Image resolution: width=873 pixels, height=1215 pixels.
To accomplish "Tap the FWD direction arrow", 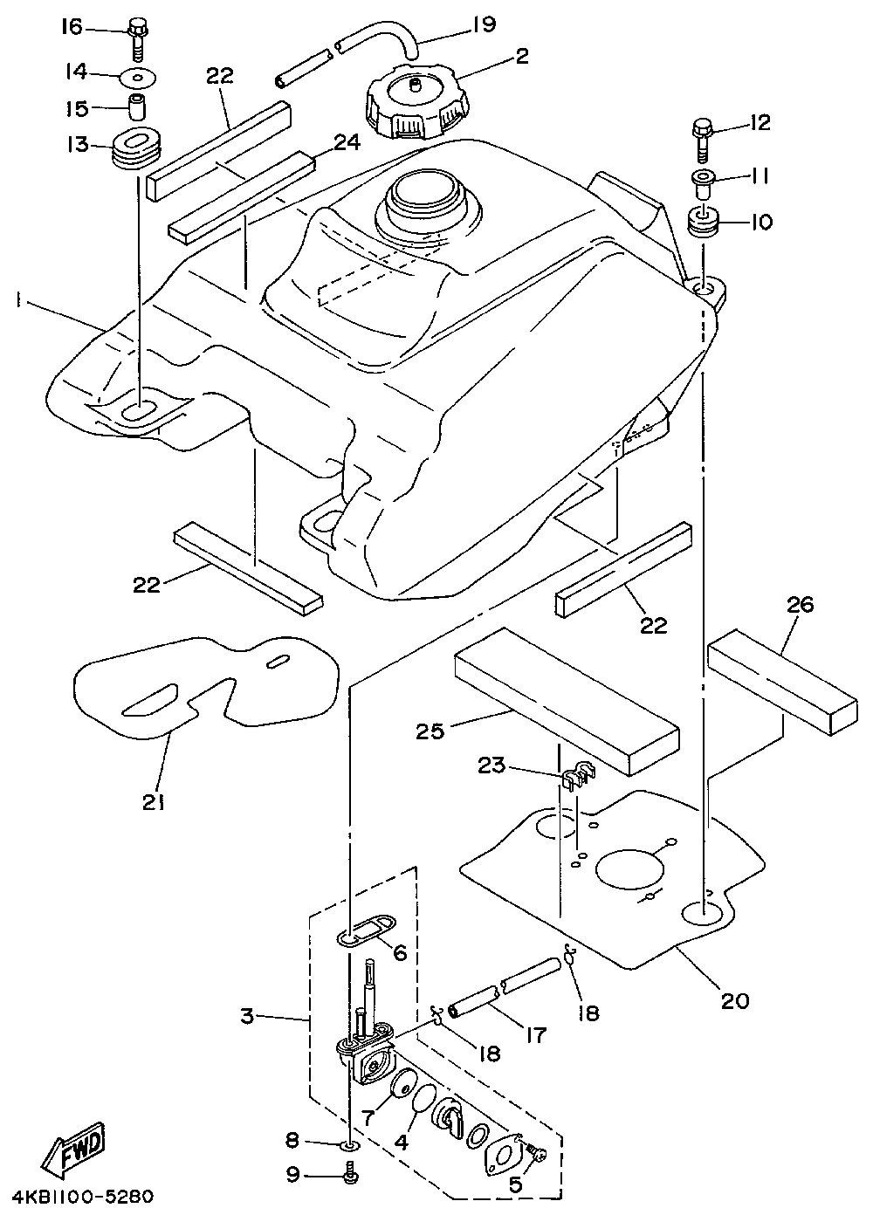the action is click(x=72, y=1144).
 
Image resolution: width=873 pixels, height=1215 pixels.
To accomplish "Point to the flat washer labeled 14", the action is click(x=138, y=77).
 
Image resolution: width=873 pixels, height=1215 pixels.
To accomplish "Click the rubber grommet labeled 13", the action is click(x=137, y=147).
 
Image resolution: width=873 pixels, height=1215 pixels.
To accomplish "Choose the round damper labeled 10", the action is click(x=703, y=222).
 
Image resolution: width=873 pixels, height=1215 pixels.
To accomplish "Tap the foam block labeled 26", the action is click(x=783, y=682).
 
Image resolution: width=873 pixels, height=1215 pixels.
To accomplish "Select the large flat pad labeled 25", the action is click(x=567, y=701).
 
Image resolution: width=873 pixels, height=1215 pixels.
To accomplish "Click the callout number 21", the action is click(x=155, y=802).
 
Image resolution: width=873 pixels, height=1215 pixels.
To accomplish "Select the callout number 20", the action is click(x=735, y=1001).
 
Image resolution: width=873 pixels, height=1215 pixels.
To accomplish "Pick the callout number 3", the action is click(x=247, y=1016).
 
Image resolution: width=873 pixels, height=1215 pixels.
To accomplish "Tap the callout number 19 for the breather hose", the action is click(x=485, y=24).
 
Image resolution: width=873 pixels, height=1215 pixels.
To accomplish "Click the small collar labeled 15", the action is click(x=138, y=107).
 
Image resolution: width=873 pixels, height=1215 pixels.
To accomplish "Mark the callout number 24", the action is click(x=347, y=143).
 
